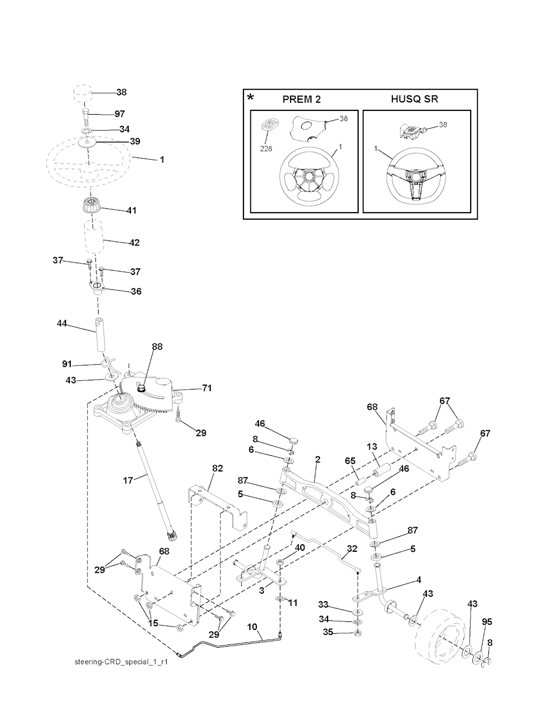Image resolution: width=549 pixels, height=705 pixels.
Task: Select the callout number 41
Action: pyautogui.click(x=131, y=211)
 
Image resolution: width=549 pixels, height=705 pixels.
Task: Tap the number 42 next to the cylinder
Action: pyautogui.click(x=134, y=243)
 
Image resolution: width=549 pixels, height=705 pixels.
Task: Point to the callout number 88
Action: pyautogui.click(x=157, y=347)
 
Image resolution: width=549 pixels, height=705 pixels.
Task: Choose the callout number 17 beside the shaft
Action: pyautogui.click(x=128, y=480)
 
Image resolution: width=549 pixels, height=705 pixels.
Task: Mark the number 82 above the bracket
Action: pyautogui.click(x=217, y=468)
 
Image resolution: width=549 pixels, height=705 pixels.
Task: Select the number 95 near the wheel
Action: pyautogui.click(x=487, y=622)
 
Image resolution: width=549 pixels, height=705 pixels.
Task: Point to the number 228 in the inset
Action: pyautogui.click(x=265, y=148)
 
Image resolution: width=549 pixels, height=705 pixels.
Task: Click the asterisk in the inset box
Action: pyautogui.click(x=250, y=98)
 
